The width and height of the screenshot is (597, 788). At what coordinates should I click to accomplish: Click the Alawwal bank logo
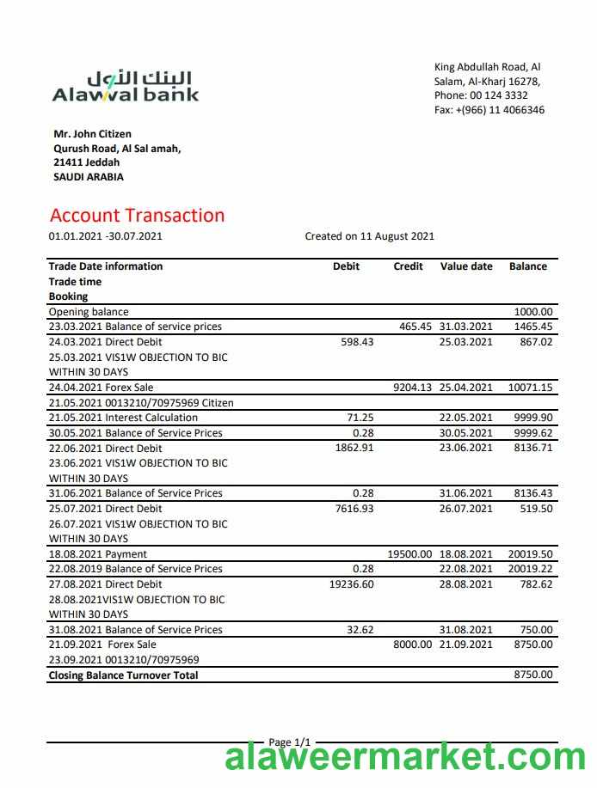126,86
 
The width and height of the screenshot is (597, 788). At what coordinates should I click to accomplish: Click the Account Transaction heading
137,216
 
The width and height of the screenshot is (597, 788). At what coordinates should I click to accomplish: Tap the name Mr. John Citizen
92,134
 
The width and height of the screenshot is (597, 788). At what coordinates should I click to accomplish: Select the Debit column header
346,266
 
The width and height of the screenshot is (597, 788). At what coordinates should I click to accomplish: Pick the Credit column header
408,266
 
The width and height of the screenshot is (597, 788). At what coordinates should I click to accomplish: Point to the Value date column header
466,266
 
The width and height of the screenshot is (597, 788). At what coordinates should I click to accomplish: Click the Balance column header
527,266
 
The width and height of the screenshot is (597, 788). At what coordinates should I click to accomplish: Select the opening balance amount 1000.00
533,312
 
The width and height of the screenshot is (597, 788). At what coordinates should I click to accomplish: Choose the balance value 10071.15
530,388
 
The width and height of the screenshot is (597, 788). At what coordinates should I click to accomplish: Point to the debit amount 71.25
360,418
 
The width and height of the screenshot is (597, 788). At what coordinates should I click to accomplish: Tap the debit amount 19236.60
351,584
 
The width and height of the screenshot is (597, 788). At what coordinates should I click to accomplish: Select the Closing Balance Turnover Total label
123,675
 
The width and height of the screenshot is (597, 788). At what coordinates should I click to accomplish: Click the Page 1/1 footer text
289,742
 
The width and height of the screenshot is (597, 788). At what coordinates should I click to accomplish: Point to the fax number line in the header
489,110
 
